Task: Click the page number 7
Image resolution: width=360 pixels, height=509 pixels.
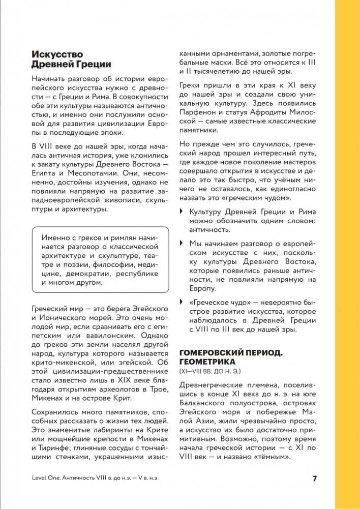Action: (315, 478)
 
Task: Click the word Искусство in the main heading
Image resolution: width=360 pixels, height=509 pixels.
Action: (57, 54)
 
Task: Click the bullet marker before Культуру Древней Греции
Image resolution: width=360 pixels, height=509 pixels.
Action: (182, 212)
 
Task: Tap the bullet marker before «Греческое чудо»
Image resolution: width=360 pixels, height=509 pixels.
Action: (182, 302)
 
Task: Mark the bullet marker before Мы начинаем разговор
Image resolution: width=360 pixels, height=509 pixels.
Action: (182, 243)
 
